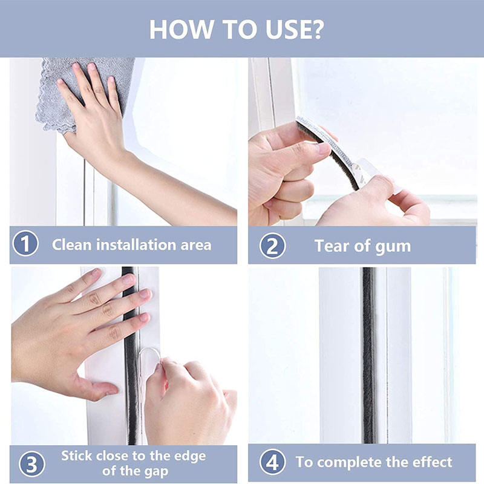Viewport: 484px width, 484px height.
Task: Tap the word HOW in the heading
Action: pyautogui.click(x=181, y=30)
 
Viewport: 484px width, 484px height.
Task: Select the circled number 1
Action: pyautogui.click(x=25, y=244)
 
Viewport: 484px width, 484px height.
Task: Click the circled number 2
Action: pyautogui.click(x=272, y=246)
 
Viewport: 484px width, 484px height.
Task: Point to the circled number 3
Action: pyautogui.click(x=32, y=463)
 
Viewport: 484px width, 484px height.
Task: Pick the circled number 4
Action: pyautogui.click(x=272, y=462)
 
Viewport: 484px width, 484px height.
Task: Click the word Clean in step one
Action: pyautogui.click(x=72, y=245)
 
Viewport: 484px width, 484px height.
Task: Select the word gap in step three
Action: pyautogui.click(x=156, y=472)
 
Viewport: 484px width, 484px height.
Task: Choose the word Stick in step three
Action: pyautogui.click(x=77, y=456)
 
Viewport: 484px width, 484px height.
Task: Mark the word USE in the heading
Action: pyautogui.click(x=288, y=30)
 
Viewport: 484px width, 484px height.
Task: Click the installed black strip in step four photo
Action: pyautogui.click(x=368, y=355)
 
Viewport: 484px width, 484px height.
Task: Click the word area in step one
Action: pyautogui.click(x=196, y=246)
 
